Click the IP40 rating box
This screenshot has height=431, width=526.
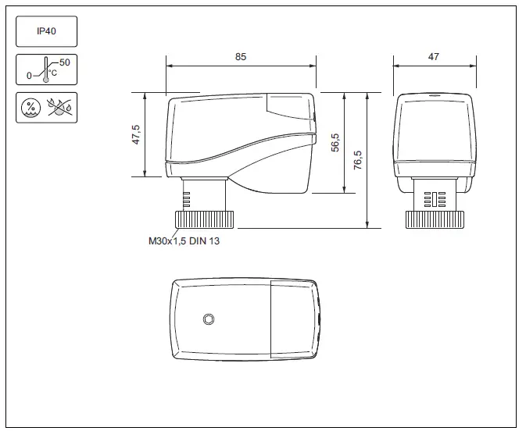tap(46, 32)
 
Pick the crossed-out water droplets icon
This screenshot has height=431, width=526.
tap(58, 108)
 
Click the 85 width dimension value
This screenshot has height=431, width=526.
tap(241, 57)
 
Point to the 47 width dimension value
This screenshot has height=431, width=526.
tap(434, 57)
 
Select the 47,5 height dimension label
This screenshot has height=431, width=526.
tap(136, 134)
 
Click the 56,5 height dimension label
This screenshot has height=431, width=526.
tap(335, 143)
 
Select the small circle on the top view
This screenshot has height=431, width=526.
tap(209, 319)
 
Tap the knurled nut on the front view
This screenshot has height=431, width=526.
tap(434, 219)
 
